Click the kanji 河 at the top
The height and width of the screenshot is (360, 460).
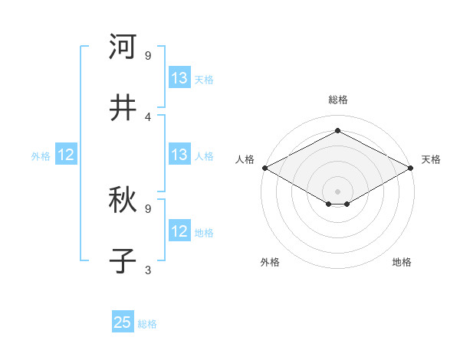[x=123, y=47]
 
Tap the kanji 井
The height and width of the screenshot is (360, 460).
[x=123, y=107]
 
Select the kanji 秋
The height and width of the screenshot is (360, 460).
[x=123, y=201]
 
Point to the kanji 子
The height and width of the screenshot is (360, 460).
[x=123, y=262]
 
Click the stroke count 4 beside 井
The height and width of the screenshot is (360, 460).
[x=148, y=117]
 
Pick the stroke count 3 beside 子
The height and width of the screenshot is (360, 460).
[x=148, y=270]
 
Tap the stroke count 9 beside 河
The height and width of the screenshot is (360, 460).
[x=148, y=56]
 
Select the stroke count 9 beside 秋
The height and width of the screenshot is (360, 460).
[x=148, y=208]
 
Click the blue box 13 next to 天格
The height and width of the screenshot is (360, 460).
[x=179, y=78]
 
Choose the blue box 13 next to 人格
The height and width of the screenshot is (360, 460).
[x=179, y=155]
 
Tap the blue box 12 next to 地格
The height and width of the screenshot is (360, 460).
[x=179, y=231]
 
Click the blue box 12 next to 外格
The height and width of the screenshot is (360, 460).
[x=66, y=155]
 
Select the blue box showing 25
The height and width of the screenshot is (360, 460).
[x=123, y=322]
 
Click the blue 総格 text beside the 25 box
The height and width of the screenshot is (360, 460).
[x=147, y=324]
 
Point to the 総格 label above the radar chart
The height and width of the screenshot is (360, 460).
[x=337, y=100]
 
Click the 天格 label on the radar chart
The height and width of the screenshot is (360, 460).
[x=431, y=159]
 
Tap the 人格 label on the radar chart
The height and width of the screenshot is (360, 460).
[x=245, y=159]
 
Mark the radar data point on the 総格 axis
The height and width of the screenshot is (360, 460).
[x=337, y=130]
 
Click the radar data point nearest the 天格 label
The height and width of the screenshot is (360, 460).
[x=412, y=168]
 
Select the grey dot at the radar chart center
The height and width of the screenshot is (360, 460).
[x=337, y=191]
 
